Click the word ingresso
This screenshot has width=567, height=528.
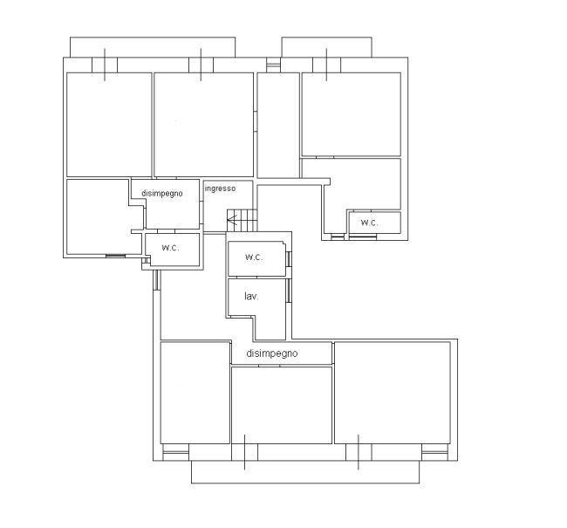tap(220, 189)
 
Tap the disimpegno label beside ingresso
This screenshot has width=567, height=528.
tap(162, 193)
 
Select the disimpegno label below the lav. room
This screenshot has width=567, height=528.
tap(272, 353)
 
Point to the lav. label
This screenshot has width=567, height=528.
tap(251, 297)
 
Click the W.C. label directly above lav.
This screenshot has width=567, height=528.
tap(254, 257)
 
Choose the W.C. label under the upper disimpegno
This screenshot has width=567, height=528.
tap(170, 248)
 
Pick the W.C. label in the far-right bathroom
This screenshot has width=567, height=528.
tap(370, 223)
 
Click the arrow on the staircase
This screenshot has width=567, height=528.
tap(232, 219)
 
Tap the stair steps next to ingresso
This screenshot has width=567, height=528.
tap(242, 220)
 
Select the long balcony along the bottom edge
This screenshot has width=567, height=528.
tap(305, 472)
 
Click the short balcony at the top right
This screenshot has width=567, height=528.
tap(326, 47)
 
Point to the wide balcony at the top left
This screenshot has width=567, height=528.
tap(153, 47)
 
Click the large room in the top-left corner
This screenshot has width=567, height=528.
tap(109, 125)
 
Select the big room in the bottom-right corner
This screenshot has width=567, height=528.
tap(393, 393)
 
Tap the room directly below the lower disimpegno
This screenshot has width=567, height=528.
tap(282, 405)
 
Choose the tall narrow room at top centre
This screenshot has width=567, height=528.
tap(278, 125)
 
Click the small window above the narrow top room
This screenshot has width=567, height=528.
tap(273, 65)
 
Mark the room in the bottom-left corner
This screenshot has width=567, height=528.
tap(195, 392)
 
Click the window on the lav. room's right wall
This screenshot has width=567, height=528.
tap(289, 291)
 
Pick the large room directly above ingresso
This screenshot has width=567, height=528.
tap(203, 125)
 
